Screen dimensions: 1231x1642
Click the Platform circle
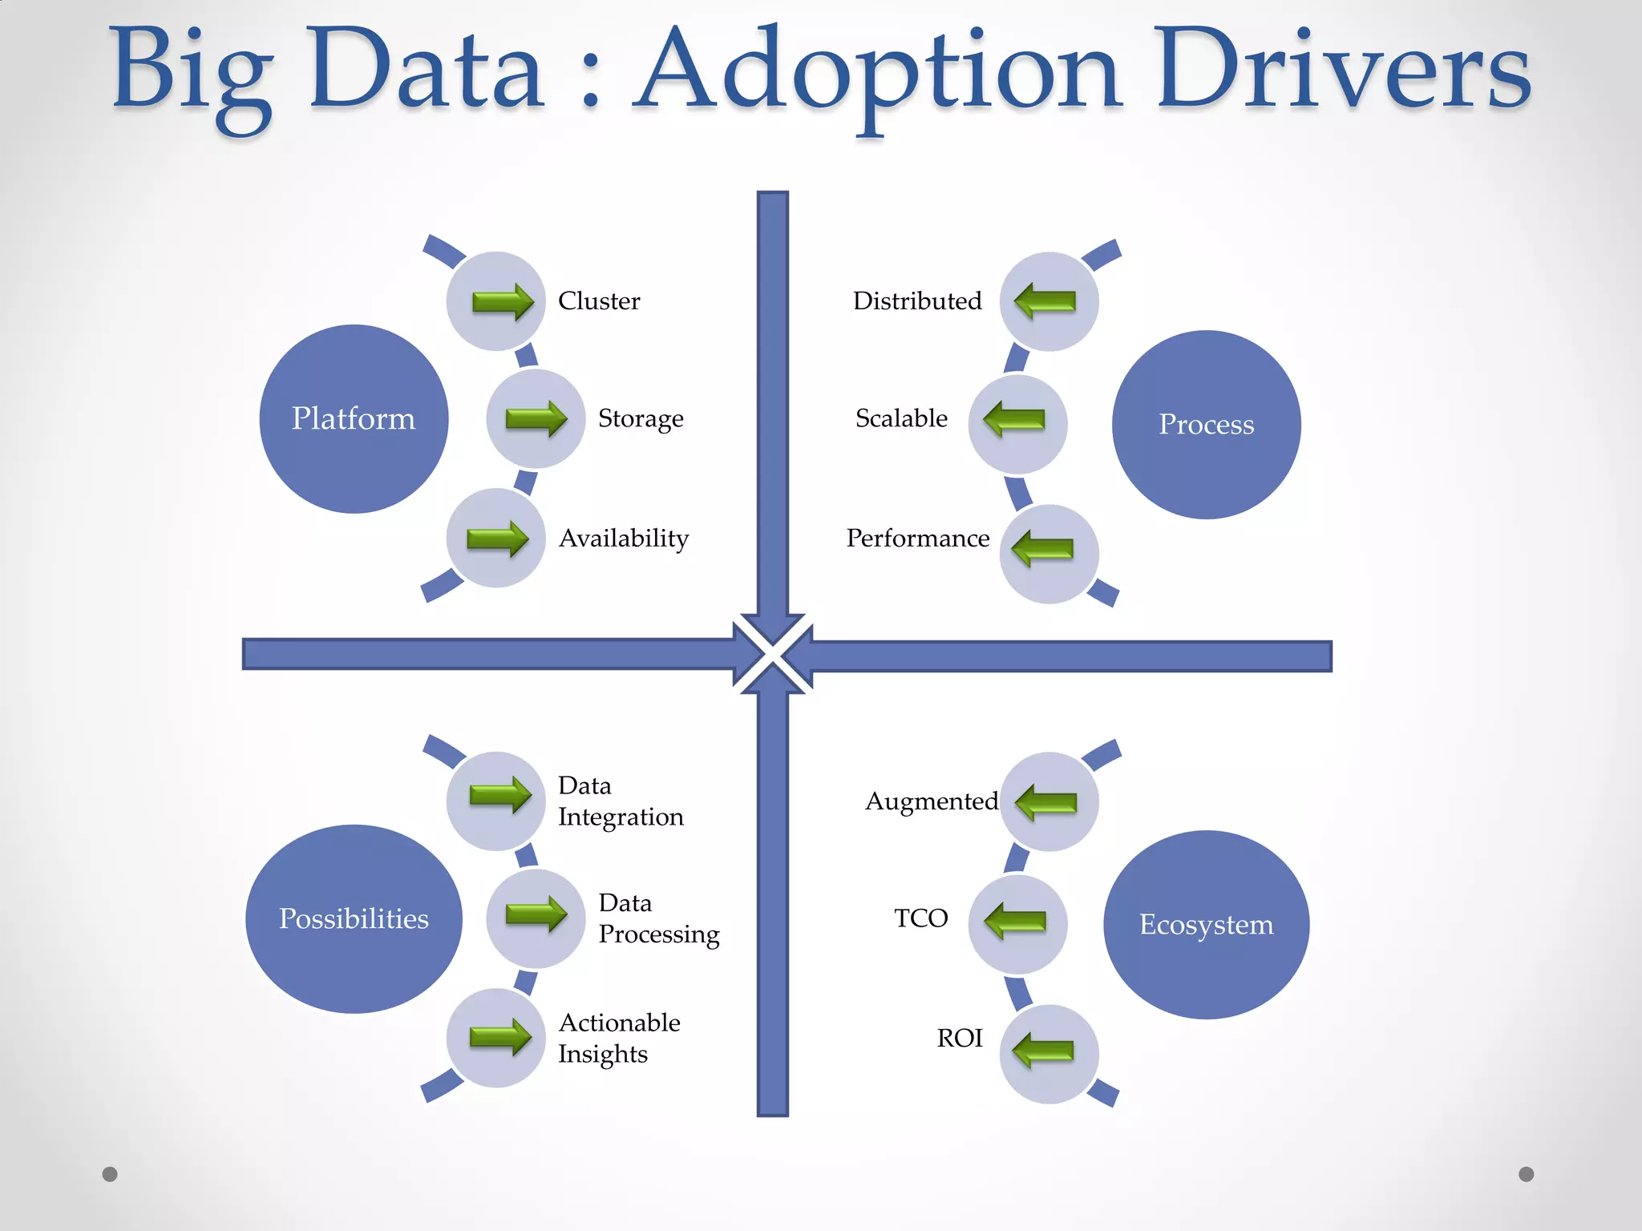click(354, 418)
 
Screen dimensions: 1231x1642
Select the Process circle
click(1206, 424)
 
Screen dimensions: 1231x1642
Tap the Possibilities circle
click(354, 918)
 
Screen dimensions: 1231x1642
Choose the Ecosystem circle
click(1206, 924)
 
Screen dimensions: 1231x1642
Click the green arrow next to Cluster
click(503, 302)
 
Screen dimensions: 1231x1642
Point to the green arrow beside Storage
click(536, 418)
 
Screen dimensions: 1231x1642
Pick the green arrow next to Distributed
click(1045, 301)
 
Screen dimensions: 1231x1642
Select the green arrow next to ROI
click(1043, 1050)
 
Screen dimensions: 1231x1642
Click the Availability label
click(624, 539)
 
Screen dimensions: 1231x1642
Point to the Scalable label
click(901, 418)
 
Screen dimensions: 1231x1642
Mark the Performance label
click(918, 539)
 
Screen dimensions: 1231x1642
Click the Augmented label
click(932, 801)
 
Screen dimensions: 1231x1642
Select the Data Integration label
click(621, 801)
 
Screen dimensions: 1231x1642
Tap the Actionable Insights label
click(619, 1039)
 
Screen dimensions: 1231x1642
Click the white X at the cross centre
click(773, 654)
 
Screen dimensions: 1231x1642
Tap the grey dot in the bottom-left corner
click(111, 1174)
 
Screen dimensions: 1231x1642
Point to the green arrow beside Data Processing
click(536, 914)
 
